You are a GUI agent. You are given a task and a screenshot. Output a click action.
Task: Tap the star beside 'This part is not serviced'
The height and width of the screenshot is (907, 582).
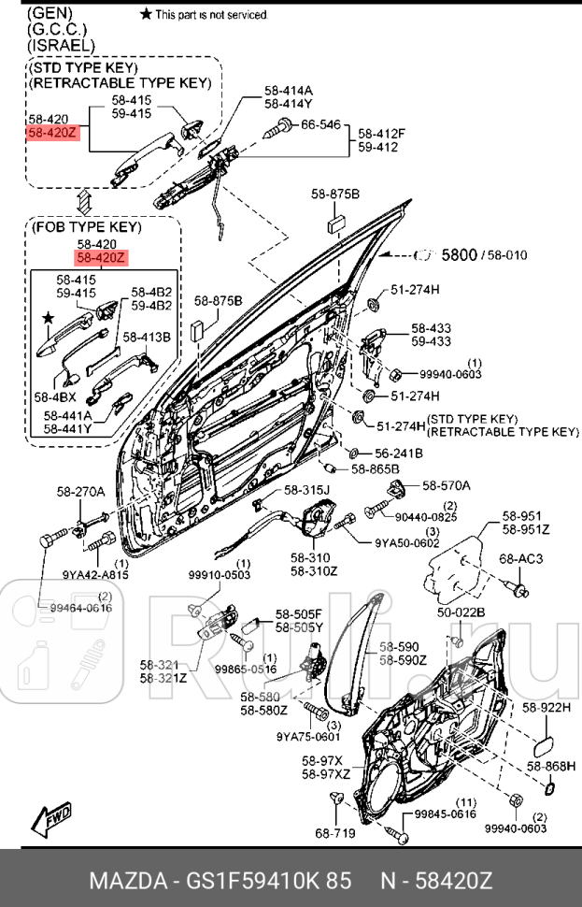145,14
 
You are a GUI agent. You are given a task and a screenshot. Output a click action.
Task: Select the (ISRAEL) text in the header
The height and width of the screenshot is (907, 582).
61,45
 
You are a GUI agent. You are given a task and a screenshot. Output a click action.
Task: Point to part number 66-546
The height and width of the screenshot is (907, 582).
319,123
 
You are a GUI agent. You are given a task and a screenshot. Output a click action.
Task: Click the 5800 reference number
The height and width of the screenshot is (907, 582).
459,253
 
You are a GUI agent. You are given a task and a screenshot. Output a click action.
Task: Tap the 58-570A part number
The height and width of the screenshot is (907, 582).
446,485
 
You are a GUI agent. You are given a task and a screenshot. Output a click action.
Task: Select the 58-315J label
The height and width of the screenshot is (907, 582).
307,489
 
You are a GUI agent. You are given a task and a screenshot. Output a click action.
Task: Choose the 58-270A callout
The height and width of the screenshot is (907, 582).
80,491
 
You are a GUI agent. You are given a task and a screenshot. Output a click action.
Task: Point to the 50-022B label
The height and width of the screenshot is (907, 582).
461,612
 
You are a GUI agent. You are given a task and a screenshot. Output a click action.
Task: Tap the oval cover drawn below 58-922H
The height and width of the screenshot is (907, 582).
543,746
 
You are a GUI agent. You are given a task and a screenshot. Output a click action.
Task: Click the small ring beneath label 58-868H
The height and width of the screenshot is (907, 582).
548,790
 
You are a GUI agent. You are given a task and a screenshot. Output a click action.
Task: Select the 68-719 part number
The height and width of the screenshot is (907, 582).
334,831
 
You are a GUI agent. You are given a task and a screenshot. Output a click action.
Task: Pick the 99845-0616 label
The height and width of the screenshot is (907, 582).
446,814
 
